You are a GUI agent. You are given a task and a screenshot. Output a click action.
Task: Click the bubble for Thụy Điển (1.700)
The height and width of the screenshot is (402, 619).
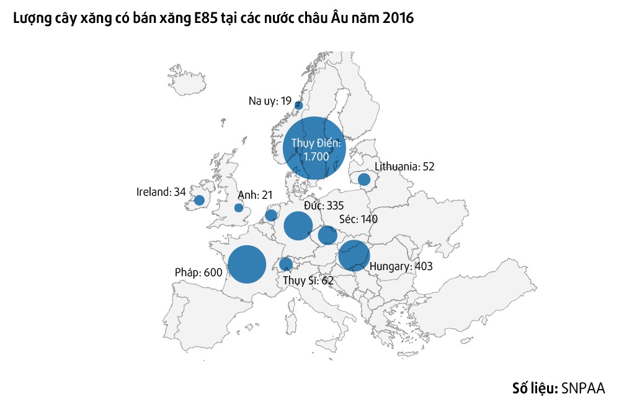[314, 148]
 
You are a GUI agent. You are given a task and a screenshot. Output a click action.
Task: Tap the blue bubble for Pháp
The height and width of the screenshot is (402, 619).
[247, 264]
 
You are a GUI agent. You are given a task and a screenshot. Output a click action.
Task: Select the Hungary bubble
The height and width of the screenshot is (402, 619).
[354, 255]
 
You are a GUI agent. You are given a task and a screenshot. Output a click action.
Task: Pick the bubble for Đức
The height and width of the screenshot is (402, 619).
[298, 225]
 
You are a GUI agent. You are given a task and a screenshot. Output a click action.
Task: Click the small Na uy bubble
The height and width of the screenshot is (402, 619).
[298, 105]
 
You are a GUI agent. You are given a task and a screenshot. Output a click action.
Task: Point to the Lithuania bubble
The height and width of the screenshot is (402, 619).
[364, 179]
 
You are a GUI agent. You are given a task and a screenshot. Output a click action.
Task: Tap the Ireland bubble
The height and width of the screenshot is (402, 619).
[199, 200]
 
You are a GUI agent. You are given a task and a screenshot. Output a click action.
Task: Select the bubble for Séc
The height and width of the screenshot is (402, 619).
[327, 235]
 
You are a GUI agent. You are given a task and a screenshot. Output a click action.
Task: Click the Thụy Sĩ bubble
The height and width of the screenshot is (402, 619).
[286, 264]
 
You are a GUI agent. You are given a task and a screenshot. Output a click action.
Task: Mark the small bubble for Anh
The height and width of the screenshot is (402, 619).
[239, 208]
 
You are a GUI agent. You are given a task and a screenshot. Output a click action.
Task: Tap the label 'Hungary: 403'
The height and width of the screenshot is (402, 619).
[401, 266]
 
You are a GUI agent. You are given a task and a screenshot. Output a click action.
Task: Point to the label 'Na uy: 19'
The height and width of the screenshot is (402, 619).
[270, 100]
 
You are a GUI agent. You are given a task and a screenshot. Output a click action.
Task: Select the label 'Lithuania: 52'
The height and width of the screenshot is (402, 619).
[405, 166]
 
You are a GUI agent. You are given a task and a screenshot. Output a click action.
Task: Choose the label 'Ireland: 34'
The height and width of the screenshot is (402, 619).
[161, 192]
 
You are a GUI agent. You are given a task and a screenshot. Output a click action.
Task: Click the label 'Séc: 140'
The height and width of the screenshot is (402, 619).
[358, 219]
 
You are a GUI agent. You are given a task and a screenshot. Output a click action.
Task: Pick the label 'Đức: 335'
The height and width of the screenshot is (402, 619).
[324, 205]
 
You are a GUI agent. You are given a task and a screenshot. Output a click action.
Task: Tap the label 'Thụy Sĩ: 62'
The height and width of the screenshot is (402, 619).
[308, 281]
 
